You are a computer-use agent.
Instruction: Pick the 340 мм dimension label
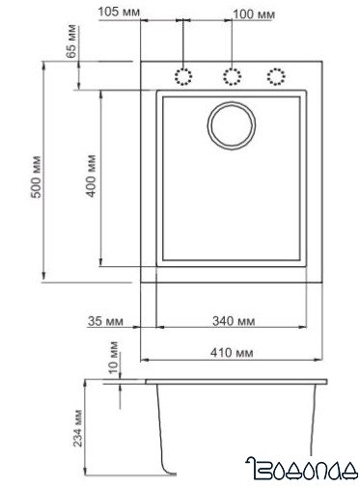coord(233,321)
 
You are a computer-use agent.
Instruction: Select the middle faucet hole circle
coord(230,77)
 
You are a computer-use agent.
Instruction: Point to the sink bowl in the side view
coord(236,424)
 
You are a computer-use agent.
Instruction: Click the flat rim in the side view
coord(232,382)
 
